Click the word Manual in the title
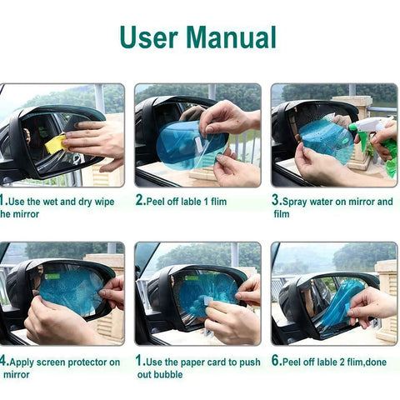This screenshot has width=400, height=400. (x=231, y=37)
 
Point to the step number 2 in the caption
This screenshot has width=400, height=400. (x=139, y=201)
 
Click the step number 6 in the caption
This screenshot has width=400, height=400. (x=276, y=362)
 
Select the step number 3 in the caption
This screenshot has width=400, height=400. (x=276, y=201)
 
